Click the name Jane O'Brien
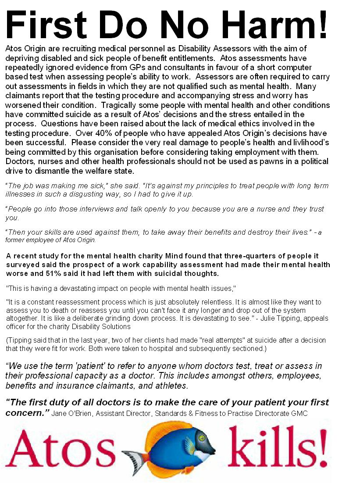tap(70, 413)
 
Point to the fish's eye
tap(201, 437)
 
